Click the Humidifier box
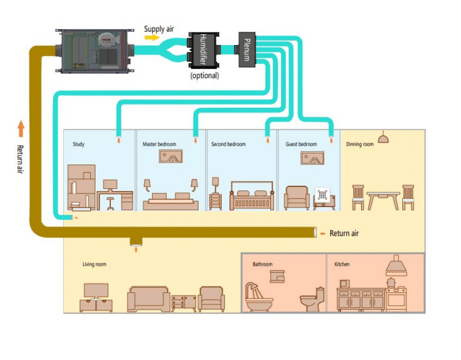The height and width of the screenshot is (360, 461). (202, 50)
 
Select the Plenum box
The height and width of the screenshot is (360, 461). (246, 50)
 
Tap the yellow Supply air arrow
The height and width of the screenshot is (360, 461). (152, 37)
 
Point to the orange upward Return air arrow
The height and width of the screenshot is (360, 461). (21, 129)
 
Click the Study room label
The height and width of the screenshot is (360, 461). (79, 144)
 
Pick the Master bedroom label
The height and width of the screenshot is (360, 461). (159, 144)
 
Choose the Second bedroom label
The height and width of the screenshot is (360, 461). (228, 144)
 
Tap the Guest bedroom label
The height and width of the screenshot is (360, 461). (301, 144)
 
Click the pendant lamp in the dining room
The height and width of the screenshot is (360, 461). (383, 137)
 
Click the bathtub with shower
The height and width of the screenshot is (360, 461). (259, 297)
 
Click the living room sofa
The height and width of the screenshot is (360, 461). (148, 299)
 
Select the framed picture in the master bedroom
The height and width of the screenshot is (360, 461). (170, 156)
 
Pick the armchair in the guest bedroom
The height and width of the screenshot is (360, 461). (297, 197)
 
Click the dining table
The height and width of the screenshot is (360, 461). (383, 200)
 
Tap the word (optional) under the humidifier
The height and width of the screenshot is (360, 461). (204, 75)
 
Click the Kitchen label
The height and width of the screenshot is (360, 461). (342, 264)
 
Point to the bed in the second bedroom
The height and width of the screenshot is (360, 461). (251, 196)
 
